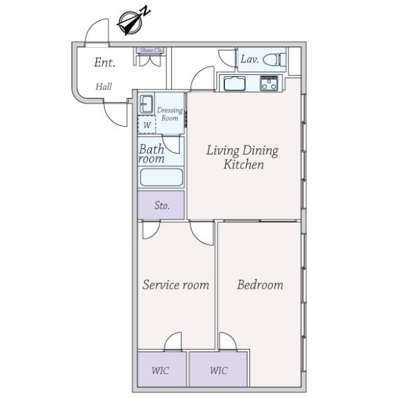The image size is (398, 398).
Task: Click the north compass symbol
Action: coord(131,23)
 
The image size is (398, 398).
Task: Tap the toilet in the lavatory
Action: coord(275,60)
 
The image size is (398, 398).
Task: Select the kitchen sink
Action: coord(234,84)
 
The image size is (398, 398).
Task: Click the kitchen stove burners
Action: coord(269,84)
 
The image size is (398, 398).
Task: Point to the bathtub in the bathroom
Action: coord(161,177)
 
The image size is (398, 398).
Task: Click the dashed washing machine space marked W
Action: coord(147,125)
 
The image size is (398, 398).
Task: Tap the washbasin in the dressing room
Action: coord(147,104)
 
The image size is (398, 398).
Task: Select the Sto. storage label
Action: coord(162,206)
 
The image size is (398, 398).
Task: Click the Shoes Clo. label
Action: coord(151,50)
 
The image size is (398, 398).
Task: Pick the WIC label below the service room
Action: coord(160,371)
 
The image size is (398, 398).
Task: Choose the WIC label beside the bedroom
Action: coord(218,371)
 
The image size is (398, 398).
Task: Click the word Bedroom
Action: coord(260,285)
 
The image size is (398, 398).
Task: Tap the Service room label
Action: coord(176,285)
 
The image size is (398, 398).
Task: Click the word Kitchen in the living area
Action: coord(243,165)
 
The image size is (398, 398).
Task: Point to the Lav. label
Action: coord(249,60)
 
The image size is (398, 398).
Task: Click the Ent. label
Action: coord(105,62)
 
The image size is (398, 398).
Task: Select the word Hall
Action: coord(103,86)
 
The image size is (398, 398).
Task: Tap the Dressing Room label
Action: coord(170,114)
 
